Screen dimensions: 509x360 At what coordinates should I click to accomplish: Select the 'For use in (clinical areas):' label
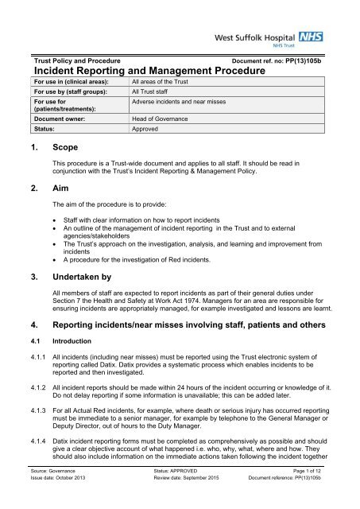(68, 81)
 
